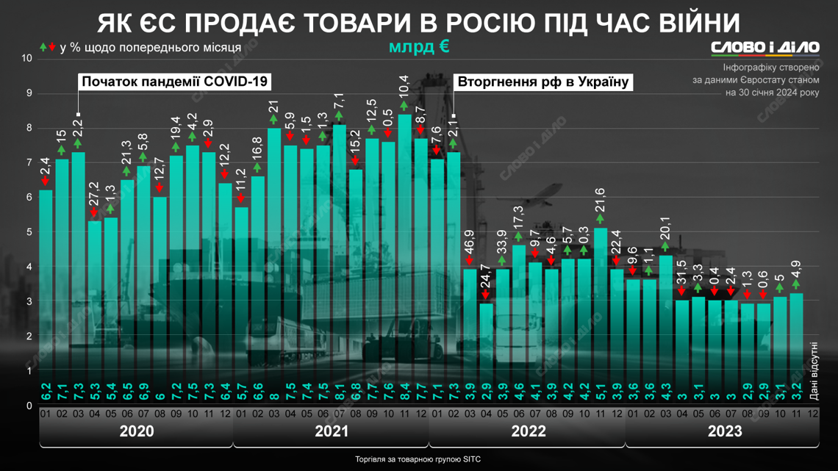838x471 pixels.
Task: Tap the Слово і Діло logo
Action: click(x=764, y=47)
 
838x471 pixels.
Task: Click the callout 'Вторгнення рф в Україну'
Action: click(x=544, y=81)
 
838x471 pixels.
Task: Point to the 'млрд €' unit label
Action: click(x=419, y=47)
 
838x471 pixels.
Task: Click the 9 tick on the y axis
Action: click(x=29, y=93)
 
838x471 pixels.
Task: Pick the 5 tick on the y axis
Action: click(x=29, y=232)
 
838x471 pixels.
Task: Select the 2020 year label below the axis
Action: click(x=136, y=431)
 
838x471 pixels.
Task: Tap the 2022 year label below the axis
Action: click(x=527, y=431)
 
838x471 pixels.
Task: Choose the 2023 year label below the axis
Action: click(x=724, y=431)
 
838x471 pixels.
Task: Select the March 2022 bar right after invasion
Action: click(x=470, y=334)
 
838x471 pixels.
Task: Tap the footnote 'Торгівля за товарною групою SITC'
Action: click(x=418, y=459)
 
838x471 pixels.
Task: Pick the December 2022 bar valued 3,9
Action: click(x=617, y=334)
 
